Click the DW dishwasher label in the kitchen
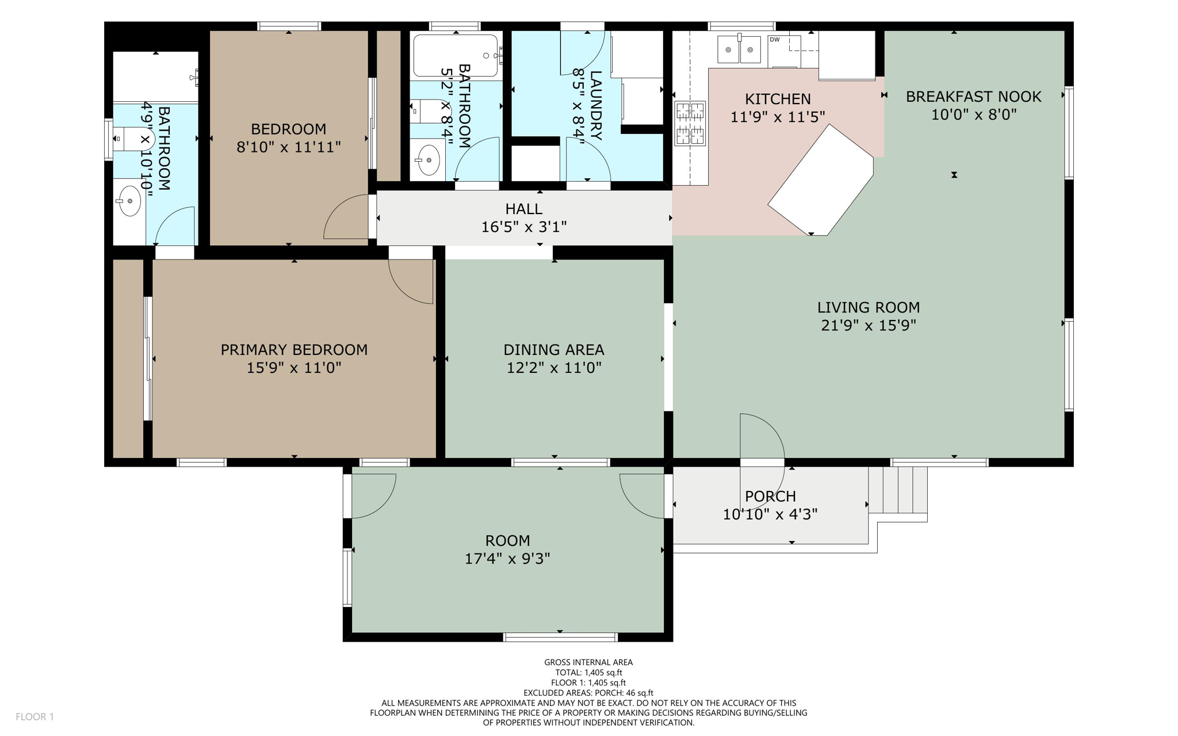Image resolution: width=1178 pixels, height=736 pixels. click(775, 40)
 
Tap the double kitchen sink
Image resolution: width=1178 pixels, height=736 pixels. click(739, 50)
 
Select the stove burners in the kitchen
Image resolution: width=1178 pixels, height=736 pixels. click(690, 123)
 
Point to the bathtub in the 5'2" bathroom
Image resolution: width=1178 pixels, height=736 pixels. click(455, 56)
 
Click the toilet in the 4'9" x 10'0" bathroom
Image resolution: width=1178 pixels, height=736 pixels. click(133, 139)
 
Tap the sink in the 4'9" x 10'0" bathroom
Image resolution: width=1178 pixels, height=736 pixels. click(129, 201)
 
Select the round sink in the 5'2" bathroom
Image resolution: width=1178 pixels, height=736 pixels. click(429, 160)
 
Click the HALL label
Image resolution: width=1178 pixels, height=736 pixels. click(523, 208)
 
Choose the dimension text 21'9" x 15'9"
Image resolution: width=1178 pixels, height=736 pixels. click(868, 325)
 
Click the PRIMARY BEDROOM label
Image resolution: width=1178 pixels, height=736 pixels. click(294, 349)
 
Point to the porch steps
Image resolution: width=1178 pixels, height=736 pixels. click(898, 490)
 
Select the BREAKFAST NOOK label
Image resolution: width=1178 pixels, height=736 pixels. click(973, 97)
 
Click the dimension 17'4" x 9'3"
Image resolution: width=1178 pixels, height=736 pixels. click(507, 558)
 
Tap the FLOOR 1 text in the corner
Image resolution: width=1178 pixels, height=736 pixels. click(35, 716)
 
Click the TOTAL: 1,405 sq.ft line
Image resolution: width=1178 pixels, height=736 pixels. click(588, 672)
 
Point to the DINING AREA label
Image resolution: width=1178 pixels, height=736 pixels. click(553, 349)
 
